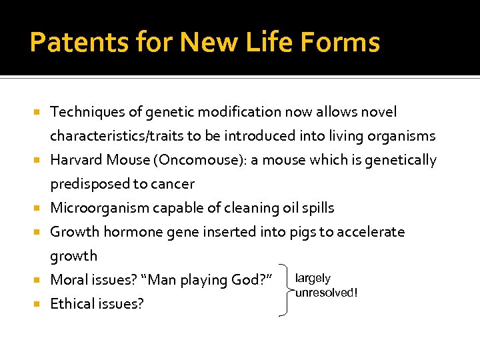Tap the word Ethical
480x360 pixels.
pos(73,304)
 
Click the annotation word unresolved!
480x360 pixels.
pos(327,293)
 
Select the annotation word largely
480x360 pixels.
pos(313,279)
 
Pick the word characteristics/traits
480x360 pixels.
pos(117,136)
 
